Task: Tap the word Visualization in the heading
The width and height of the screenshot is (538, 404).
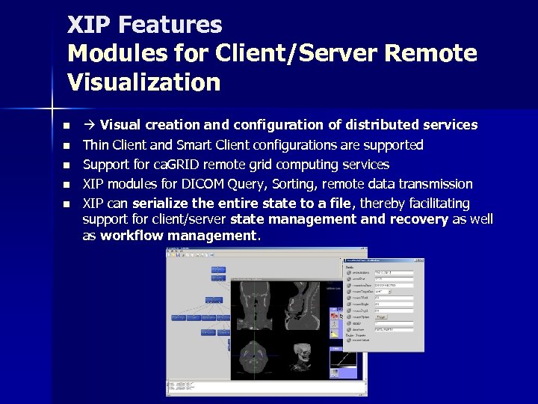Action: point(143,82)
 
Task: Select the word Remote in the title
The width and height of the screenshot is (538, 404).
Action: point(431,54)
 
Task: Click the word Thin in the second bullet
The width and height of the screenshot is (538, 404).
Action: point(96,145)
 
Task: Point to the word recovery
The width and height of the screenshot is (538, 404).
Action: point(414,219)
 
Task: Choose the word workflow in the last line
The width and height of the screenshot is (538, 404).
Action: point(132,236)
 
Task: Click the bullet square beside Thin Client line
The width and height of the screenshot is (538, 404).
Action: point(67,145)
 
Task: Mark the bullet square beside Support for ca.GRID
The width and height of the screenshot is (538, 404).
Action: point(67,165)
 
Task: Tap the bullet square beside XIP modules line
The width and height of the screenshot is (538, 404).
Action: point(67,184)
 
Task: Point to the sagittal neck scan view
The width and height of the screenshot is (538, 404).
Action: point(302,307)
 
